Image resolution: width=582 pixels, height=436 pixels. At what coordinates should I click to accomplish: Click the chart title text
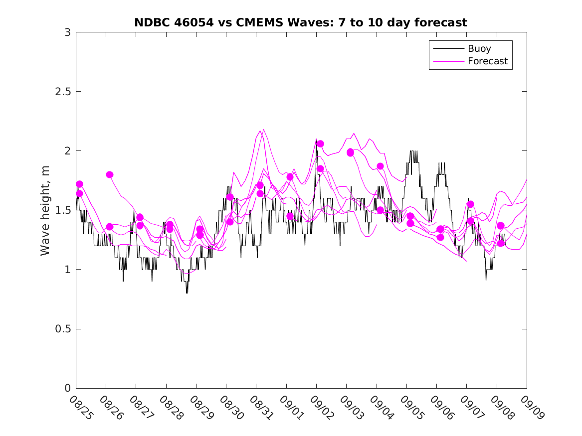[301, 22]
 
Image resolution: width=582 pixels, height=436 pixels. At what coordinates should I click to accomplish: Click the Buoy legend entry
[479, 49]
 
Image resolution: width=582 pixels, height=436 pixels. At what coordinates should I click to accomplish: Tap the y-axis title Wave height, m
[45, 210]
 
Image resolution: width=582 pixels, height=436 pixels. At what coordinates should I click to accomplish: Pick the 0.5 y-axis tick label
[62, 329]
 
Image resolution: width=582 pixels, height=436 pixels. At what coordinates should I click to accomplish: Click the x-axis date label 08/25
[81, 407]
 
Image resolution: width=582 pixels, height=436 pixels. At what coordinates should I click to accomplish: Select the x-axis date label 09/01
[292, 407]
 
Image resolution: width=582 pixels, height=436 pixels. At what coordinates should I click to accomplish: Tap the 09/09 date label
[532, 407]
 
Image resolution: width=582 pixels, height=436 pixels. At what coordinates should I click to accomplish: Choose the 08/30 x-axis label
[231, 407]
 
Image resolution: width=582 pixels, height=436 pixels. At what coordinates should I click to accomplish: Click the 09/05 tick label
[412, 407]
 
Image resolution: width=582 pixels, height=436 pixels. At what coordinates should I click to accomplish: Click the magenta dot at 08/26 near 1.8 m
[110, 174]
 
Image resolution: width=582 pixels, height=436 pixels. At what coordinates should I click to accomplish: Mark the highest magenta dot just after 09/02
[320, 144]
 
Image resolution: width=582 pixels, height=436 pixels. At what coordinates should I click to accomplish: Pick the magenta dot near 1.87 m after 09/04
[380, 166]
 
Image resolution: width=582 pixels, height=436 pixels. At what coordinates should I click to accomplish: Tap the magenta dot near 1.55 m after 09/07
[470, 204]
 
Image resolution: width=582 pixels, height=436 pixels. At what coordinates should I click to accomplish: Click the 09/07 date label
[472, 407]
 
